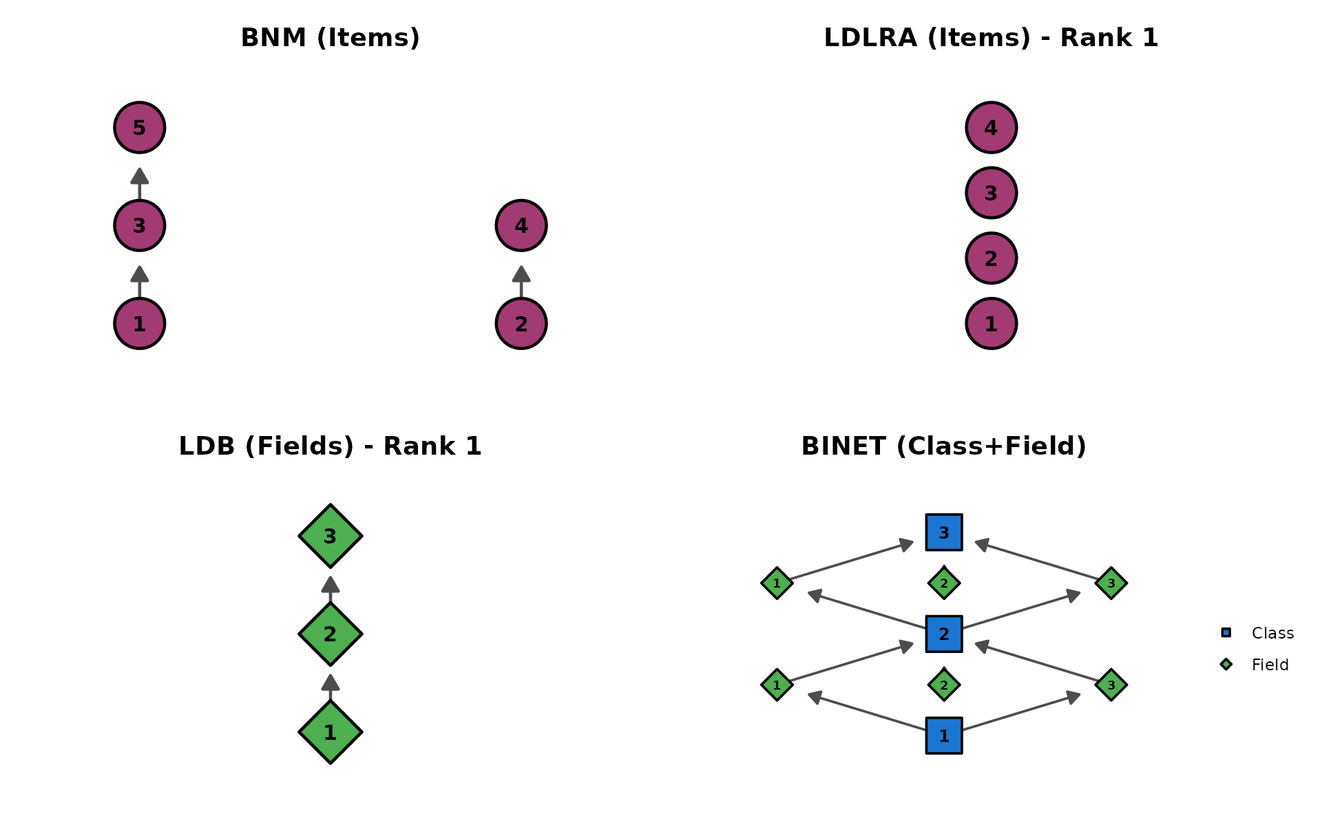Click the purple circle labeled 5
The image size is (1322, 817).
point(140,127)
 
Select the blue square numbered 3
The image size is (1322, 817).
point(944,532)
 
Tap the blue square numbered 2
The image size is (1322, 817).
point(944,634)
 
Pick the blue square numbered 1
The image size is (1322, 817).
point(944,736)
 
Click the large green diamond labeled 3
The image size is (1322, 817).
point(330,536)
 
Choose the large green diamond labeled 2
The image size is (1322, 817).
point(330,634)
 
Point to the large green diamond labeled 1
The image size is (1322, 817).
point(330,732)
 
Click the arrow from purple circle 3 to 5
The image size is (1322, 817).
point(140,183)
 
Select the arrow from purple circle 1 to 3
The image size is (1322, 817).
point(140,281)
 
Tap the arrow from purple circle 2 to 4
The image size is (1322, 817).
point(521,281)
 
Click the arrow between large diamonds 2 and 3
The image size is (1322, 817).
point(330,588)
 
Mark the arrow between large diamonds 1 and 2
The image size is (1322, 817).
point(330,686)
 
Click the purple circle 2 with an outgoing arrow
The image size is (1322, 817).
point(521,323)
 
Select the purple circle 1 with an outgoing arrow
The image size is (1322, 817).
point(140,323)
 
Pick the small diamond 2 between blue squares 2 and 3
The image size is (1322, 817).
point(944,583)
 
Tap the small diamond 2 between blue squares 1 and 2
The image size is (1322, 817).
point(944,685)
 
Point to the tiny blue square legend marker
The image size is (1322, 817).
point(1226,632)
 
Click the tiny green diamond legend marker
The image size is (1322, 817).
point(1226,664)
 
